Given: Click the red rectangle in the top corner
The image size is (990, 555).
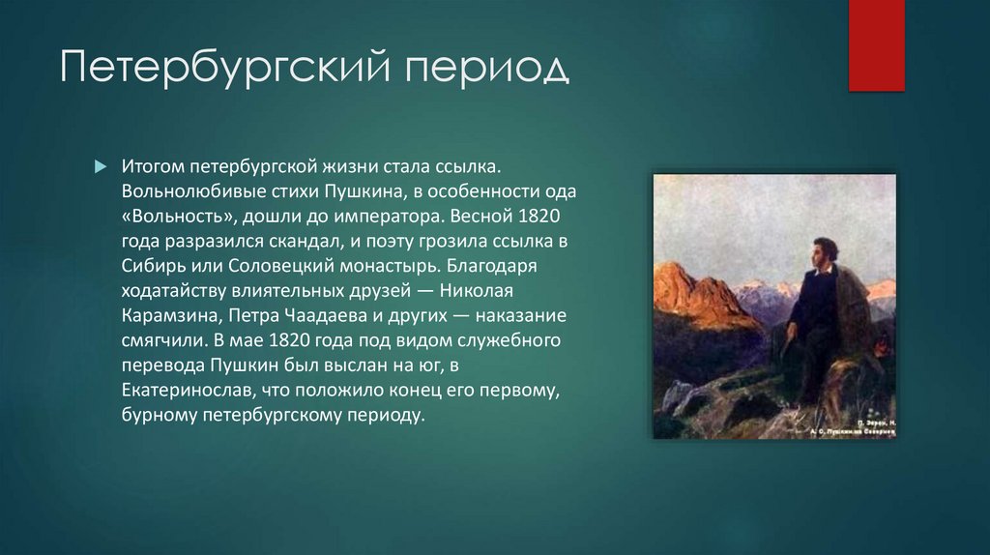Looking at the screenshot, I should tap(876, 45).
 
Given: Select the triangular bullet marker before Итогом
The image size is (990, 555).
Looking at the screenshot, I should tap(100, 166).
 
